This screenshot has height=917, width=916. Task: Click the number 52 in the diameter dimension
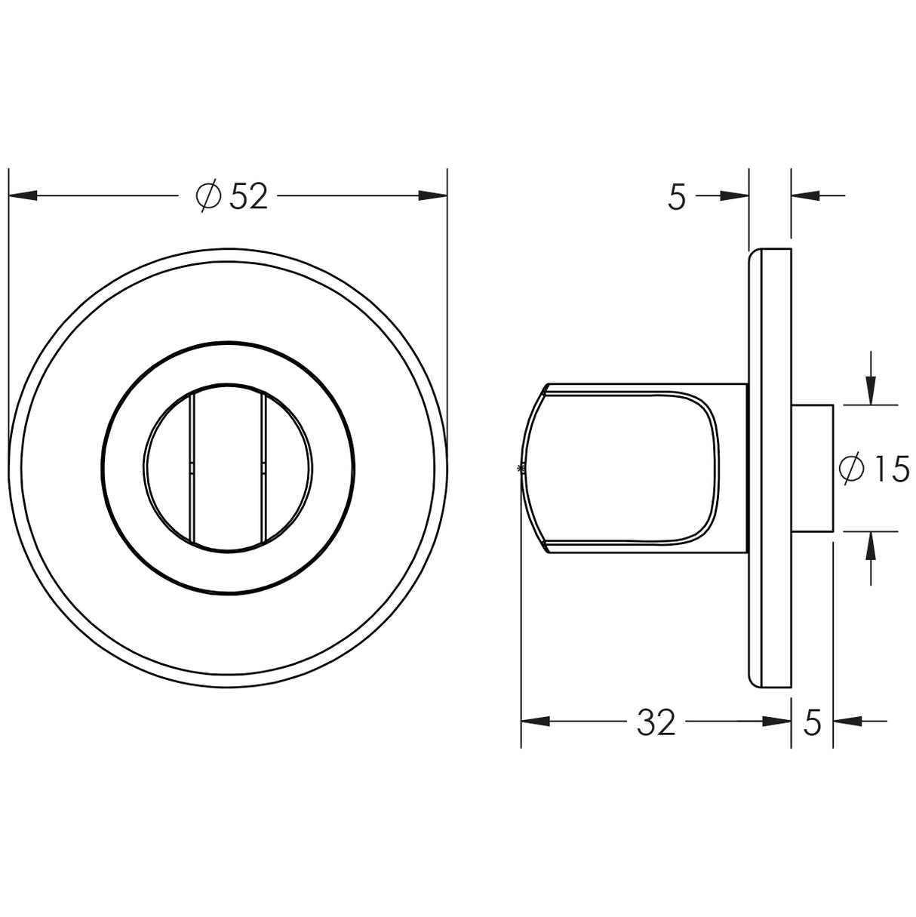249,197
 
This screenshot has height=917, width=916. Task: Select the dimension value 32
656,722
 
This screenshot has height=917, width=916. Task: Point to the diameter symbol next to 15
851,469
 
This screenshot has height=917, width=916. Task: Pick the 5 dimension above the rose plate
677,197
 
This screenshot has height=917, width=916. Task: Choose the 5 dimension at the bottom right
812,722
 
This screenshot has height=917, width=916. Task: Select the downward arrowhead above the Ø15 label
871,391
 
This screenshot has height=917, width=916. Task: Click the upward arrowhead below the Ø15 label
871,545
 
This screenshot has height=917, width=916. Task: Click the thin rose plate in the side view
770,469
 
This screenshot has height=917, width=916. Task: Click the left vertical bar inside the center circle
192,469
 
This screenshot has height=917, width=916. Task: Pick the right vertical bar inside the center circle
263,469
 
